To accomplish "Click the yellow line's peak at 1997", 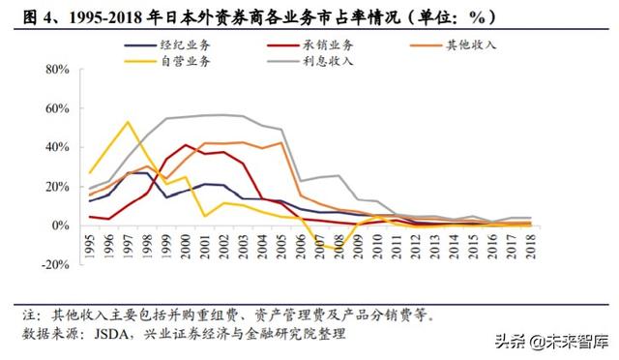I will pyautogui.click(x=128, y=122).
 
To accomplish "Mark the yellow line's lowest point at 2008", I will pyautogui.click(x=339, y=249).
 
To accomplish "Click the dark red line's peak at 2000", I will pyautogui.click(x=185, y=145).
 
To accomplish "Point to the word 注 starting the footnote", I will pyautogui.click(x=28, y=315).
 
